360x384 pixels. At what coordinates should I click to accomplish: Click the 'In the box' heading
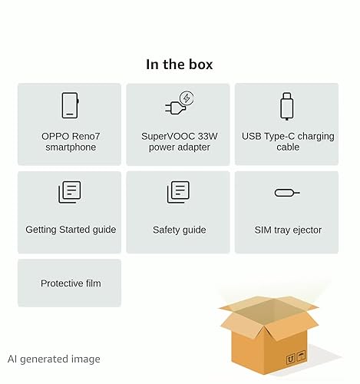pyautogui.click(x=179, y=65)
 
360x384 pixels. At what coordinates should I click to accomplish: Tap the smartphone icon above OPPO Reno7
pyautogui.click(x=70, y=105)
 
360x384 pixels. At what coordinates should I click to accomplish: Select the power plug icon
pyautogui.click(x=179, y=103)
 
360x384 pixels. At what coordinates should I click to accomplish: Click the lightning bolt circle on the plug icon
pyautogui.click(x=187, y=98)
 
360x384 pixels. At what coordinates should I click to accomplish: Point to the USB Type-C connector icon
pyautogui.click(x=287, y=106)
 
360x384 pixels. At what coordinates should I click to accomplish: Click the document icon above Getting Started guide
pyautogui.click(x=70, y=192)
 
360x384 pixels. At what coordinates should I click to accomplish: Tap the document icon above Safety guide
pyautogui.click(x=178, y=192)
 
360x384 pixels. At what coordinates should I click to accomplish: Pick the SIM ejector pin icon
pyautogui.click(x=287, y=193)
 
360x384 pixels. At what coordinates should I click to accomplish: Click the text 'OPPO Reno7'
pyautogui.click(x=71, y=136)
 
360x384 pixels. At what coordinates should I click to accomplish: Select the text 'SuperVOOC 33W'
pyautogui.click(x=180, y=136)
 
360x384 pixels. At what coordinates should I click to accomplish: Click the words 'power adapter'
pyautogui.click(x=180, y=147)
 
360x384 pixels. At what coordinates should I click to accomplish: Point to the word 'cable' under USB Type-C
pyautogui.click(x=288, y=147)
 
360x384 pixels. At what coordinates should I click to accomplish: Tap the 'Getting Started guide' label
pyautogui.click(x=71, y=230)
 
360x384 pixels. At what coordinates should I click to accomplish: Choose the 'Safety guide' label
pyautogui.click(x=180, y=230)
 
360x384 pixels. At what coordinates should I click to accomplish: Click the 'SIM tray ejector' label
pyautogui.click(x=288, y=230)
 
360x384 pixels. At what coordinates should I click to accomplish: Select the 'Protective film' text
pyautogui.click(x=71, y=283)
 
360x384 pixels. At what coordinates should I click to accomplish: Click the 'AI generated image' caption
pyautogui.click(x=54, y=359)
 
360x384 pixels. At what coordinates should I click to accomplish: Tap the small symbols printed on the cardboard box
pyautogui.click(x=296, y=357)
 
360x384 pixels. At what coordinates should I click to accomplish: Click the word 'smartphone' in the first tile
pyautogui.click(x=71, y=147)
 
